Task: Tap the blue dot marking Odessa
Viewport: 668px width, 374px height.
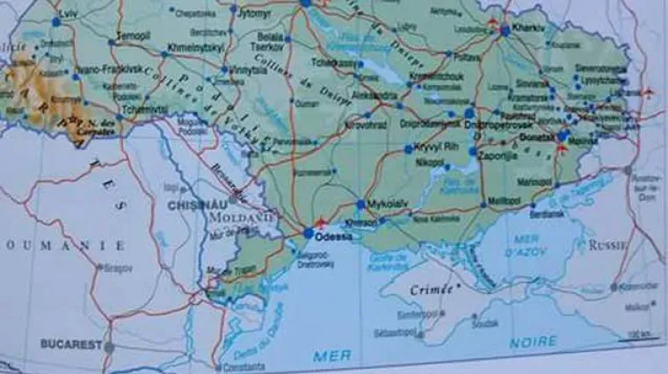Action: tap(308, 234)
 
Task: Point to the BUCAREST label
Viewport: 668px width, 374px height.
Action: tap(72, 345)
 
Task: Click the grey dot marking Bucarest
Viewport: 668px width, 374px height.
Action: tap(109, 348)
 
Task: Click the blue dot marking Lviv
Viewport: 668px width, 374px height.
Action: tap(55, 21)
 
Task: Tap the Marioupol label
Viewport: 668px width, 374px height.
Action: tap(534, 182)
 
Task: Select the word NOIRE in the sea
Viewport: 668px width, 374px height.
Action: tap(533, 341)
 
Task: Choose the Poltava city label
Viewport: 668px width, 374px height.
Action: tap(468, 55)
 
